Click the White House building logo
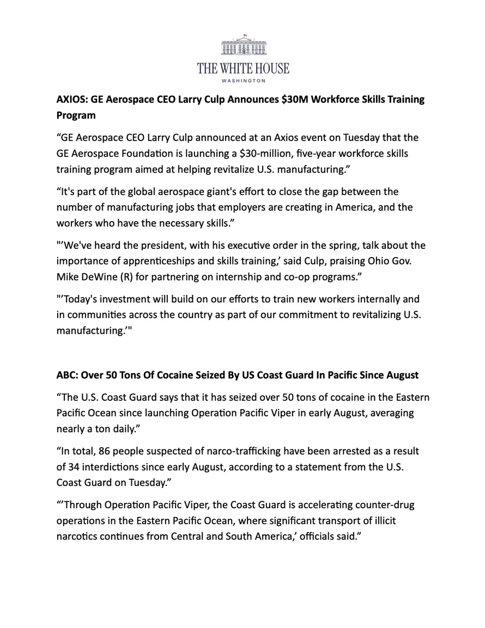[x=243, y=46]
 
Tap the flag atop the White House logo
[x=245, y=35]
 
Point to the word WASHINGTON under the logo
[x=243, y=81]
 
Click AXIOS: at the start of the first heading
[x=71, y=100]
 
